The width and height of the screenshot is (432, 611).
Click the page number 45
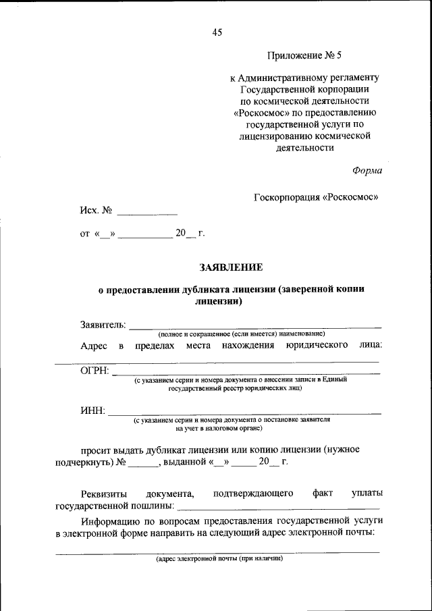(216, 32)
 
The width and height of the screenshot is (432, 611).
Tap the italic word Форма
(367, 170)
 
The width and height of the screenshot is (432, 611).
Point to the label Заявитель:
(103, 325)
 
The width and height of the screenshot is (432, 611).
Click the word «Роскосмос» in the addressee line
(350, 198)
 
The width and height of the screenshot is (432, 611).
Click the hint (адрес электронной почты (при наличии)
(219, 559)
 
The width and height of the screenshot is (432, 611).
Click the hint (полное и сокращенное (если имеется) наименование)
(242, 334)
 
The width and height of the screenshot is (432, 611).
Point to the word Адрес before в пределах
(94, 346)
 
